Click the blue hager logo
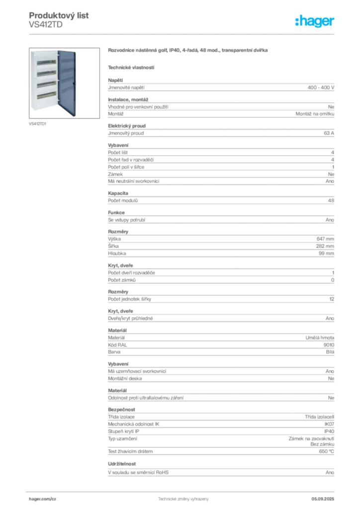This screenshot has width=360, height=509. coord(316,22)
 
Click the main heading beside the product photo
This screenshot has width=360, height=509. coord(189,51)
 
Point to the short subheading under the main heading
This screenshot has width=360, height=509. coord(131,67)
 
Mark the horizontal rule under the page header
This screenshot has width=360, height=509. coord(183,34)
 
